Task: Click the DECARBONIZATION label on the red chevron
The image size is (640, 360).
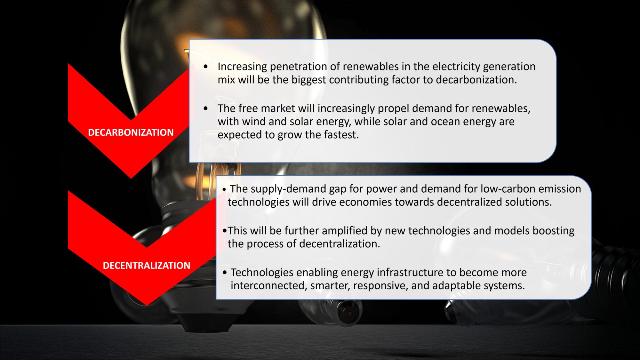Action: click(131, 132)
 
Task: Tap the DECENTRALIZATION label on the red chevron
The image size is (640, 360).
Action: click(146, 266)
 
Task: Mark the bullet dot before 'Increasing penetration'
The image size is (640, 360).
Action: click(206, 67)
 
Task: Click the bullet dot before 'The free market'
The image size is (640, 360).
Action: click(206, 108)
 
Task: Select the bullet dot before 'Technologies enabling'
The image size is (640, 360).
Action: click(225, 273)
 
